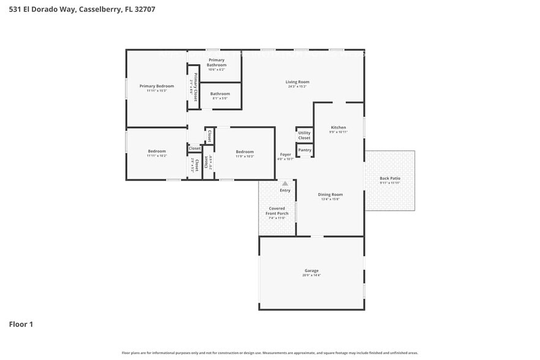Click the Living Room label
(298, 82)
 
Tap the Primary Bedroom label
(156, 86)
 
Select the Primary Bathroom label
(216, 62)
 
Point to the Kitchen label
(339, 127)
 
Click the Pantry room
(304, 150)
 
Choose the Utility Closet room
(304, 135)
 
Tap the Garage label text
(312, 271)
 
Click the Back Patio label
(390, 178)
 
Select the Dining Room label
(329, 195)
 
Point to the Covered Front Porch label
(277, 211)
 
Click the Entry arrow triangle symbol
(285, 182)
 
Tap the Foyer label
(285, 154)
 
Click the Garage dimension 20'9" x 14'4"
(312, 276)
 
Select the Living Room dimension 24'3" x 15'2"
(298, 87)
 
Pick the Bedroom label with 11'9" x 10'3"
(245, 152)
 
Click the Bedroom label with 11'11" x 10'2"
(156, 151)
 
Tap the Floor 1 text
(20, 324)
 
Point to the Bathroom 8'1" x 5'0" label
(220, 94)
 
